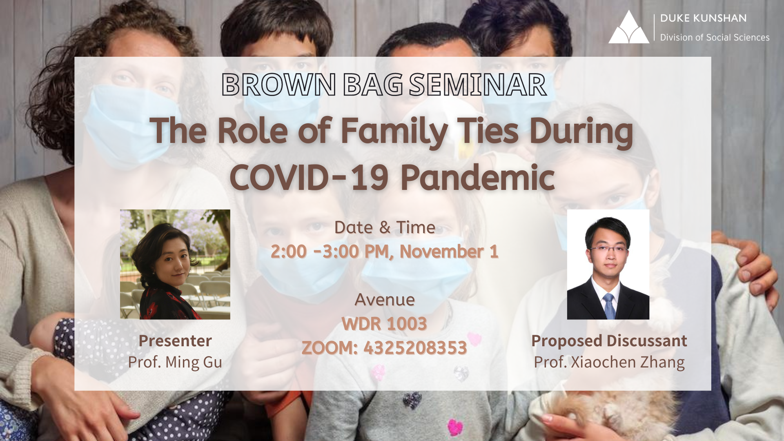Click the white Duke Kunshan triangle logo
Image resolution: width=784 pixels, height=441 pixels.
point(628,28)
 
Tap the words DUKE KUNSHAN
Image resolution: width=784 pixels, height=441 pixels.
point(703,18)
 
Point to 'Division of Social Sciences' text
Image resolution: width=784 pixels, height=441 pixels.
point(715,38)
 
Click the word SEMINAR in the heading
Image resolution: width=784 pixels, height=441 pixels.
point(478,85)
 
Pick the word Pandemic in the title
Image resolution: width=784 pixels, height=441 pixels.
point(477,178)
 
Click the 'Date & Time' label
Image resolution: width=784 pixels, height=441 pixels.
point(385,227)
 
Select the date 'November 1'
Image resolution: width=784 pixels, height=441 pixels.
point(449,252)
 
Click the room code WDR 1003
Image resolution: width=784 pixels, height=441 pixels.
point(384,324)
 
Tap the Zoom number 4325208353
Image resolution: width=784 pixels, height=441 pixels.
point(415,348)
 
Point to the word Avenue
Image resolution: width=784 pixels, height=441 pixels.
point(385,300)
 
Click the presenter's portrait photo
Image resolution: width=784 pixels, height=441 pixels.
point(175,264)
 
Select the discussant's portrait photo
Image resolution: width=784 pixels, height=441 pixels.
point(608,264)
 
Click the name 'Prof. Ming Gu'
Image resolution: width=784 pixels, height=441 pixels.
point(175,362)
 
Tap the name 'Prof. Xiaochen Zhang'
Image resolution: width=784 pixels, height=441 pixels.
point(609,362)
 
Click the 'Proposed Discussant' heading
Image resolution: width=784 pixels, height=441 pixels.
point(609,341)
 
